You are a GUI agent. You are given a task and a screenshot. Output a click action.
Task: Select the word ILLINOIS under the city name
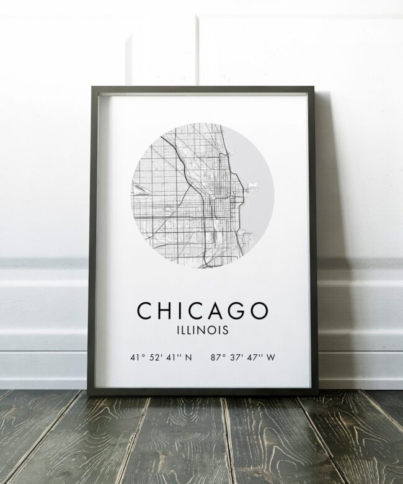coord(202,330)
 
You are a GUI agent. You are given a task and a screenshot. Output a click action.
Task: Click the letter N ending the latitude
coord(189,357)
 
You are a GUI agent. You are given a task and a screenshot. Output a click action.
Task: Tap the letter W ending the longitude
coord(271,357)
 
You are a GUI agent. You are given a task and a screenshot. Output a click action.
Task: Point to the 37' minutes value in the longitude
coord(236,357)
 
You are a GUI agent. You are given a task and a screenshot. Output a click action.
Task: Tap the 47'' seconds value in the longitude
coord(255,357)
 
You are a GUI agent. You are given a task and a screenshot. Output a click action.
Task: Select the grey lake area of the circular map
coord(259,211)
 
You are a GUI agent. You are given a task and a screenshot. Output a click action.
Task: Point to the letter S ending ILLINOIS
coord(225,330)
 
